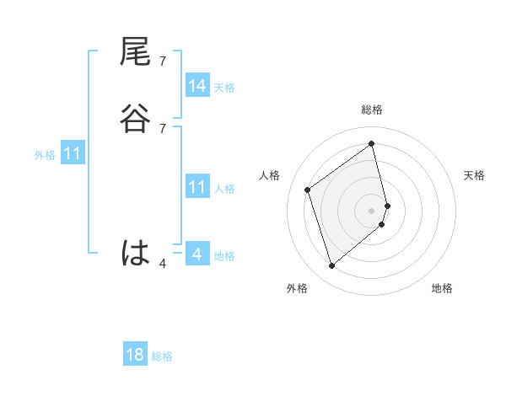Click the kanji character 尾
click(x=135, y=54)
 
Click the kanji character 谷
click(x=135, y=120)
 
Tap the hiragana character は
click(x=135, y=253)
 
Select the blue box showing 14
click(x=197, y=86)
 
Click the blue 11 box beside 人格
click(x=197, y=187)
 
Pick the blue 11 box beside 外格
click(x=73, y=154)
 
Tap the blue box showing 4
click(x=197, y=254)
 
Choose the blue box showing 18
click(x=135, y=355)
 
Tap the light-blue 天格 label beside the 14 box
click(x=224, y=87)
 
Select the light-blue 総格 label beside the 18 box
click(x=162, y=356)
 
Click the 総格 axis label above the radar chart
click(x=372, y=110)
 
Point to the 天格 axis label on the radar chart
click(x=475, y=175)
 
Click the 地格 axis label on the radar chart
click(x=442, y=289)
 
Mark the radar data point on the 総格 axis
click(x=372, y=144)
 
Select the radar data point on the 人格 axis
click(x=308, y=190)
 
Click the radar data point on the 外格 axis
click(x=331, y=266)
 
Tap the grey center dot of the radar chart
click(x=372, y=210)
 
